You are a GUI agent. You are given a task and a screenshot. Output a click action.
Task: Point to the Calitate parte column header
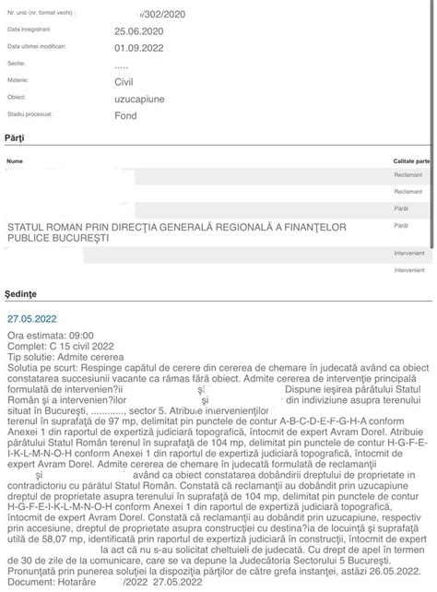(x=411, y=160)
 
